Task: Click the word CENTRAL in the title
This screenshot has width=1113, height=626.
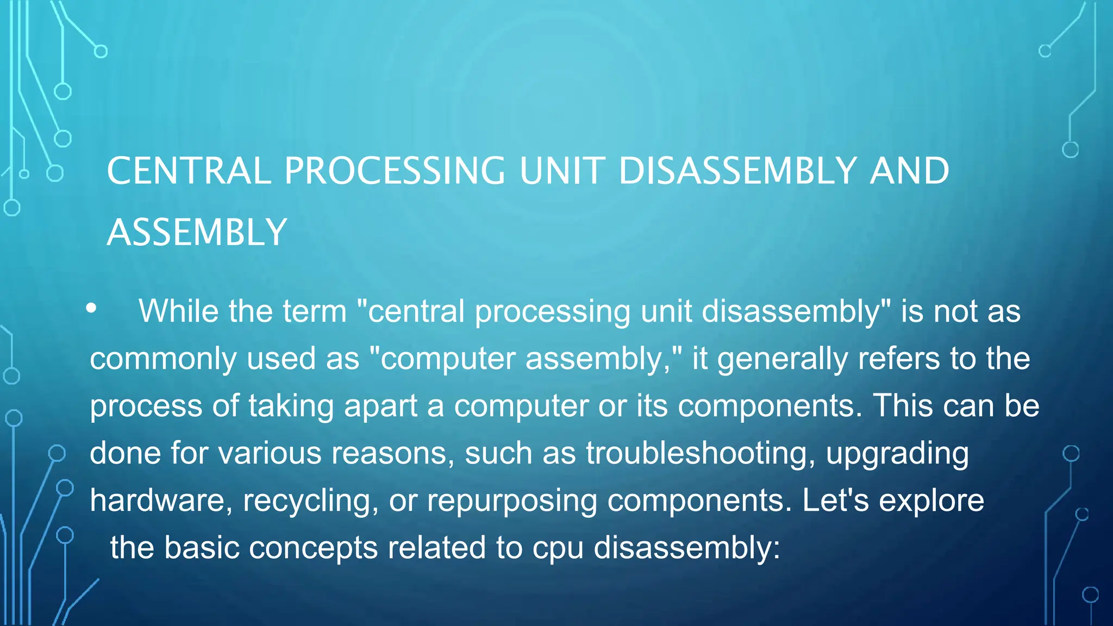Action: [189, 171]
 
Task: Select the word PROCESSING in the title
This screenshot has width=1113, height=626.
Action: [395, 171]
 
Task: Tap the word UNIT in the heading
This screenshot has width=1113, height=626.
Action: [562, 171]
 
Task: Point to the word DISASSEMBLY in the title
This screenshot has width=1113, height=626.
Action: [737, 171]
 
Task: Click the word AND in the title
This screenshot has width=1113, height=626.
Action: [909, 171]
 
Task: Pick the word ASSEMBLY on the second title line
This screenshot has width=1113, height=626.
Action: [197, 233]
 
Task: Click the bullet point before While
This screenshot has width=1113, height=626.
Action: [91, 308]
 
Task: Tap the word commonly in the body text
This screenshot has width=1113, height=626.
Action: [162, 359]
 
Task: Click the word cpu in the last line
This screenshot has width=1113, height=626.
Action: [558, 548]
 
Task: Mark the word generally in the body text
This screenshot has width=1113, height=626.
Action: [782, 359]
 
